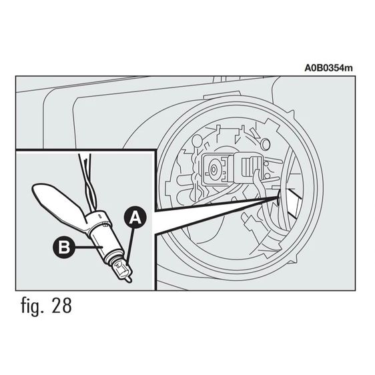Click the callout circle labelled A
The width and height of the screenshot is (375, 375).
pos(135,218)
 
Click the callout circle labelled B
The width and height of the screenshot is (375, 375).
pos(64,247)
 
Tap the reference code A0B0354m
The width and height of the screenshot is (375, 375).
pos(328,68)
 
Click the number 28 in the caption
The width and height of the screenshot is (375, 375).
pos(61,306)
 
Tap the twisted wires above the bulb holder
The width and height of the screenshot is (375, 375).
pos(87,181)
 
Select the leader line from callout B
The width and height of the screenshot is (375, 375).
pos(89,247)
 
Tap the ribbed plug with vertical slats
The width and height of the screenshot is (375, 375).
pos(249,166)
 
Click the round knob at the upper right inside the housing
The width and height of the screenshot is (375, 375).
pos(265,143)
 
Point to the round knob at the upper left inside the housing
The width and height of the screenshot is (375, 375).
pos(198,141)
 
